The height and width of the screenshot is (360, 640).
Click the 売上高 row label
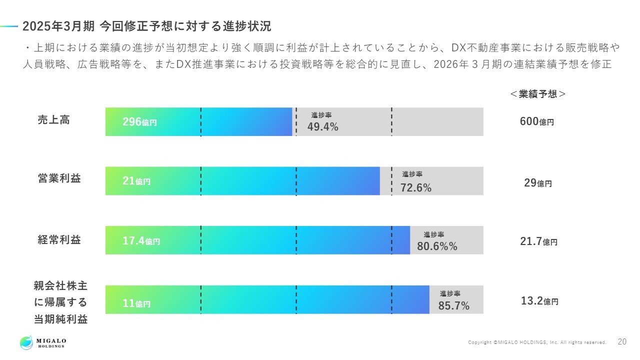(x=54, y=120)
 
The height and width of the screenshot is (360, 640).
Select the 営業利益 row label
(x=59, y=179)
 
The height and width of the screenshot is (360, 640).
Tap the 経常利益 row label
(x=59, y=240)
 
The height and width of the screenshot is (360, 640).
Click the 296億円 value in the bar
(x=139, y=122)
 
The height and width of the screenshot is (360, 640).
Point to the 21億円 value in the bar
(x=136, y=181)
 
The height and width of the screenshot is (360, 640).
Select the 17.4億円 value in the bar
(x=141, y=241)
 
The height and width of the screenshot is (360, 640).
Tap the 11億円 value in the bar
(x=136, y=303)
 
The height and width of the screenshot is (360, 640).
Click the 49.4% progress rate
(x=322, y=127)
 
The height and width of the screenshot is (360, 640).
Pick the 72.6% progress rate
(x=415, y=187)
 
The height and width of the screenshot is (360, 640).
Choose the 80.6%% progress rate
(x=437, y=246)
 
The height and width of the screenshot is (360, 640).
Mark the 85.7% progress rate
(x=453, y=306)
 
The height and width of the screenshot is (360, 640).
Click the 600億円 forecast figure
(x=536, y=121)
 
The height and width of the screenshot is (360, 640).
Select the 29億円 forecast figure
(x=537, y=183)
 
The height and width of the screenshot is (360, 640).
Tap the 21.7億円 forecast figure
(x=538, y=242)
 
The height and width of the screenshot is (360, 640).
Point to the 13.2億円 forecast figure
(x=539, y=301)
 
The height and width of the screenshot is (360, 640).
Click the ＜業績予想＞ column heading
(x=537, y=94)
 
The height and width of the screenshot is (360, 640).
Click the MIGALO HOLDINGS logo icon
(x=26, y=342)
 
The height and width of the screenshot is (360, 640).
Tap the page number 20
(x=622, y=342)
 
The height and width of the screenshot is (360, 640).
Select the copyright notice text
(x=537, y=342)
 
